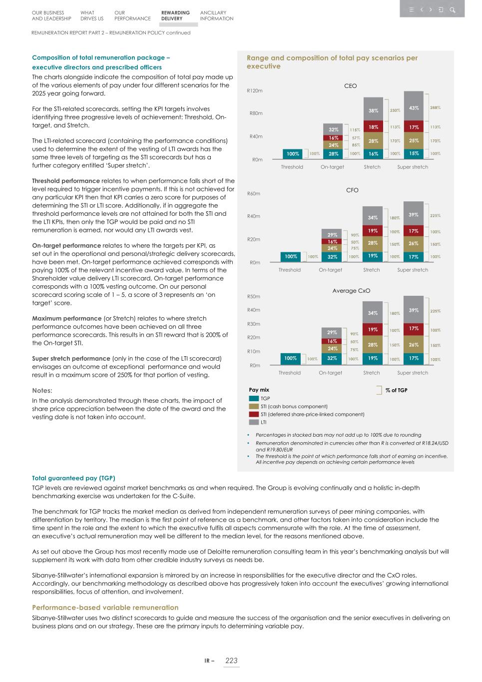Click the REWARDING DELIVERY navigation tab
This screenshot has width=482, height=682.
[175, 15]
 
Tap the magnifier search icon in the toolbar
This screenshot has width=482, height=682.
[453, 9]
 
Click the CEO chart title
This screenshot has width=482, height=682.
[350, 86]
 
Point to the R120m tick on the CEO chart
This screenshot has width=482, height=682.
[254, 91]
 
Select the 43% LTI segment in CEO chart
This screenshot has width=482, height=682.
[414, 108]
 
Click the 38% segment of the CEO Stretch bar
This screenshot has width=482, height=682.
[373, 111]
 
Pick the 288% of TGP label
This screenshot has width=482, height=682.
[435, 107]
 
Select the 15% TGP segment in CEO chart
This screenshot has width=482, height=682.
[414, 154]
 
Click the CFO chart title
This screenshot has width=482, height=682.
[352, 190]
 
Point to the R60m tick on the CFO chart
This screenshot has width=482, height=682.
[254, 194]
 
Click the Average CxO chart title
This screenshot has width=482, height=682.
[351, 291]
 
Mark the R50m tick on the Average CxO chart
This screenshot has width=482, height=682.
[254, 297]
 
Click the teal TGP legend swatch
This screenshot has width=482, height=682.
[254, 399]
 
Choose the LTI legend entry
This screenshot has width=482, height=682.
[263, 422]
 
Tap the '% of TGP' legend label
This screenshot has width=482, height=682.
[396, 390]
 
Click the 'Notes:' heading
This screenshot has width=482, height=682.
[42, 391]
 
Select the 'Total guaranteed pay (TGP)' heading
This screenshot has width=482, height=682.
[73, 478]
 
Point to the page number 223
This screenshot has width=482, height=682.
[231, 661]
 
